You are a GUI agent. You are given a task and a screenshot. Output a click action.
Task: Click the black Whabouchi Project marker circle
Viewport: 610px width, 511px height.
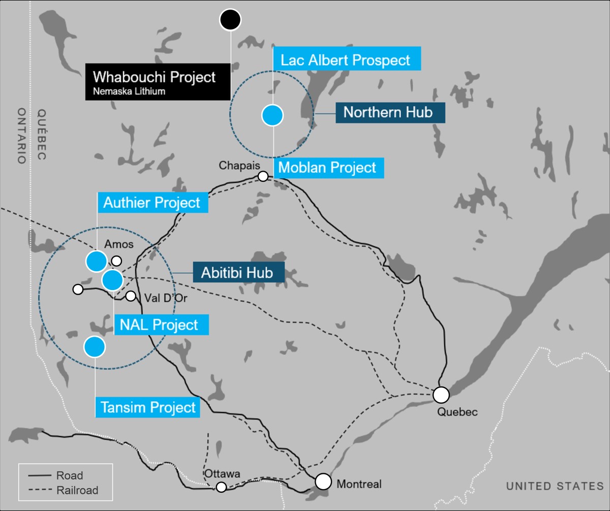[230, 20]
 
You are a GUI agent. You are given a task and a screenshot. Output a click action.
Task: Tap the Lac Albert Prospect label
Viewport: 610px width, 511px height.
[346, 60]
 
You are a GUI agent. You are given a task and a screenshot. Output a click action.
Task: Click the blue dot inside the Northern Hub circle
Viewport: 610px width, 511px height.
[272, 115]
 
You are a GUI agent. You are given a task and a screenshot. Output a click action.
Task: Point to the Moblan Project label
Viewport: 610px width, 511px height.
[328, 167]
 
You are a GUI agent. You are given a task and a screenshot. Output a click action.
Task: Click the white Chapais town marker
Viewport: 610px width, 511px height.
[263, 176]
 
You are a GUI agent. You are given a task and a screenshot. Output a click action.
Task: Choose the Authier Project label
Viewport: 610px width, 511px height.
[152, 203]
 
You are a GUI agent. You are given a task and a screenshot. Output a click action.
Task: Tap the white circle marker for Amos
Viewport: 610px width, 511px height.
[116, 261]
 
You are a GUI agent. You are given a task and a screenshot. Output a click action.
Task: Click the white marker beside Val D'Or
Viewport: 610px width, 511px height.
[131, 296]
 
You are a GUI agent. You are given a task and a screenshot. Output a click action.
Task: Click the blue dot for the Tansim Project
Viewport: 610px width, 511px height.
[95, 346]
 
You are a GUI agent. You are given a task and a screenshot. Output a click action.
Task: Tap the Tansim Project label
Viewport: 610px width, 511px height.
[148, 407]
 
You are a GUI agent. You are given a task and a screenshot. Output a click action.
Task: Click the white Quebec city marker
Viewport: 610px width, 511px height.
[441, 394]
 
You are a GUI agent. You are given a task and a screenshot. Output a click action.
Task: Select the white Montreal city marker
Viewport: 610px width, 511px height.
[323, 481]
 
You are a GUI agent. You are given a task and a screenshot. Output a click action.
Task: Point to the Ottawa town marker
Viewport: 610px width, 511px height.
[221, 487]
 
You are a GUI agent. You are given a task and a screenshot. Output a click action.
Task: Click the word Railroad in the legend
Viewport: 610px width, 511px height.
[78, 490]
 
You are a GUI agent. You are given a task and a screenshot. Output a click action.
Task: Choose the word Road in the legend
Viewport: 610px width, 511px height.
[70, 476]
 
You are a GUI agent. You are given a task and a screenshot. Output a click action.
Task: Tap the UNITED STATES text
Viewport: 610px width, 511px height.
[555, 486]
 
